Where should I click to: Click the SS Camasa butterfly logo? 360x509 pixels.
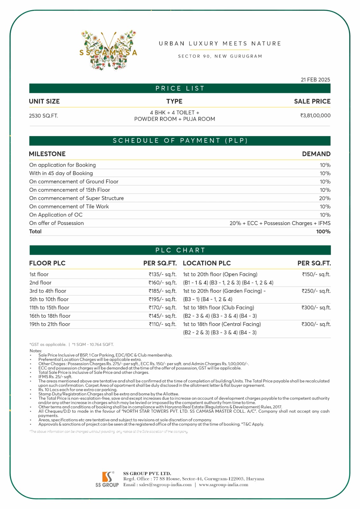(108, 51)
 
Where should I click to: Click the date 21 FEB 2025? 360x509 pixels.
(315, 80)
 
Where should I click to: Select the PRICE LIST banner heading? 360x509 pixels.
(180, 88)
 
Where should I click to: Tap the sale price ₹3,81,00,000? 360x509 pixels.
(315, 115)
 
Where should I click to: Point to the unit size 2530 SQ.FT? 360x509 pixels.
(44, 116)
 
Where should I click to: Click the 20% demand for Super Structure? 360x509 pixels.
(325, 198)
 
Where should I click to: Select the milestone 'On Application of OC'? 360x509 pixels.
(56, 215)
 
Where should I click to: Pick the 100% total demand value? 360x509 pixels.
(323, 232)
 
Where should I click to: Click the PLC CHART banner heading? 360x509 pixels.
(180, 250)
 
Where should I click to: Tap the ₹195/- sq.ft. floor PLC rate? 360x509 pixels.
(162, 299)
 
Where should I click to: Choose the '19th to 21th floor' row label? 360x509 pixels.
(50, 324)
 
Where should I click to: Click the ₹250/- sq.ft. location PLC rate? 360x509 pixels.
(316, 291)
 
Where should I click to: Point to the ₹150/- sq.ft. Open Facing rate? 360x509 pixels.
(316, 274)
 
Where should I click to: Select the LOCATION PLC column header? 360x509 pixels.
(207, 263)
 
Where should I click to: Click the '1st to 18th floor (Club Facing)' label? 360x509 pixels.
(219, 308)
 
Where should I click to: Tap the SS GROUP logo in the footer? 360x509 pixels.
(107, 479)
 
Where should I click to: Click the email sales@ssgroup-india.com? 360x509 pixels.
(165, 485)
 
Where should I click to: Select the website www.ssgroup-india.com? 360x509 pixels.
(223, 485)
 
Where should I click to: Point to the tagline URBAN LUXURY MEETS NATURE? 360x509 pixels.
(220, 44)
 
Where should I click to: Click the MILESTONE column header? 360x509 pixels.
(47, 154)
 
